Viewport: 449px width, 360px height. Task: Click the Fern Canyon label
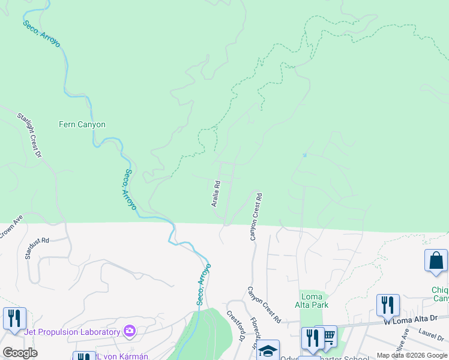click(x=82, y=125)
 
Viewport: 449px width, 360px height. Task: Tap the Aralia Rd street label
click(x=216, y=193)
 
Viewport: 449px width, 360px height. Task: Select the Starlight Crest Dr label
click(x=29, y=134)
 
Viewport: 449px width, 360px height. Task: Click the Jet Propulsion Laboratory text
click(x=72, y=332)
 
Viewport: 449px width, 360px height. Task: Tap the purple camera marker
click(x=129, y=331)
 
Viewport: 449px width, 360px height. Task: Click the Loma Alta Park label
click(x=314, y=301)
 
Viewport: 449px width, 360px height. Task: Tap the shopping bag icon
click(x=436, y=261)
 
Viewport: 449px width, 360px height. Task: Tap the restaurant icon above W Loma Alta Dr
click(x=388, y=305)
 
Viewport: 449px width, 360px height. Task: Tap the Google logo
click(x=20, y=353)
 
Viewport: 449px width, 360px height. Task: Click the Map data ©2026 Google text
click(x=412, y=355)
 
